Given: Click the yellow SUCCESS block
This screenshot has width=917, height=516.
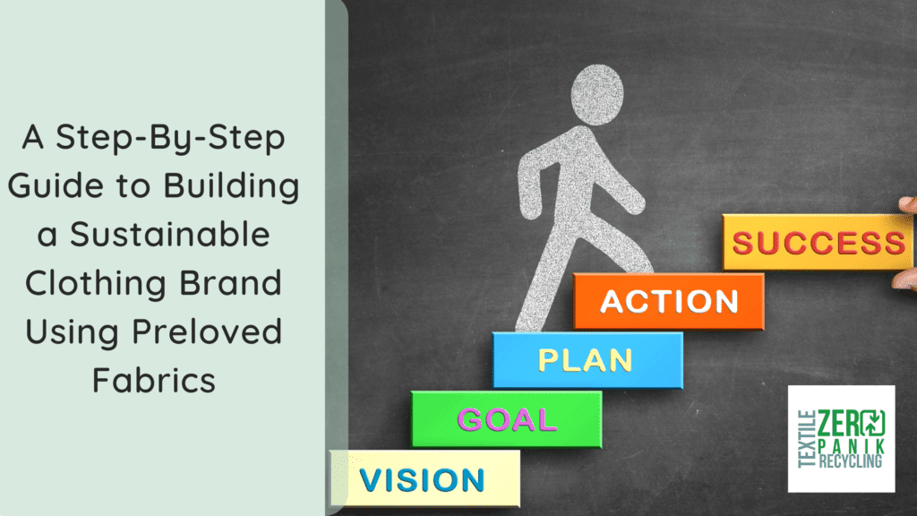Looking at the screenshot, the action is [818, 242].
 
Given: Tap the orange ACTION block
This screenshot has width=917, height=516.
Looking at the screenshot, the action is [669, 301].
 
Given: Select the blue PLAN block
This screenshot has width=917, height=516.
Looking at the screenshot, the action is [587, 360].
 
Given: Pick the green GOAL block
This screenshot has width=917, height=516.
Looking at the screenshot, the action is [507, 419].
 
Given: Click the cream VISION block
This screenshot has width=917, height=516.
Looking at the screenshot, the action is [425, 478].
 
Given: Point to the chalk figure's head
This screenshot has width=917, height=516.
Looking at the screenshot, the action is [597, 95].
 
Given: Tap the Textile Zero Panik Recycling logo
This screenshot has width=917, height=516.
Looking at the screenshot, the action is [841, 439].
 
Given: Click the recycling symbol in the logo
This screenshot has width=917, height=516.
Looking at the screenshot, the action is [871, 423].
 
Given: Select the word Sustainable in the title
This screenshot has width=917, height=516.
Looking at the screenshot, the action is [169, 235].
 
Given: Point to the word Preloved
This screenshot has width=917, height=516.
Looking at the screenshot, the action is [207, 331].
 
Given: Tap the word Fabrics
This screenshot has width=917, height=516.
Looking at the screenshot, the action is [154, 380].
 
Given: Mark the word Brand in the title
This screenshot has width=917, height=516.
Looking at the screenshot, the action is [230, 283].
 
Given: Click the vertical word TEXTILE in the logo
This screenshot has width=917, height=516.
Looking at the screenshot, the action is [807, 439].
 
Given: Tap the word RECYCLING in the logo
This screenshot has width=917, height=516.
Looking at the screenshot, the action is [851, 461].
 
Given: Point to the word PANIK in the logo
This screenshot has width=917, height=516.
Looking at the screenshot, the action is [852, 447].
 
